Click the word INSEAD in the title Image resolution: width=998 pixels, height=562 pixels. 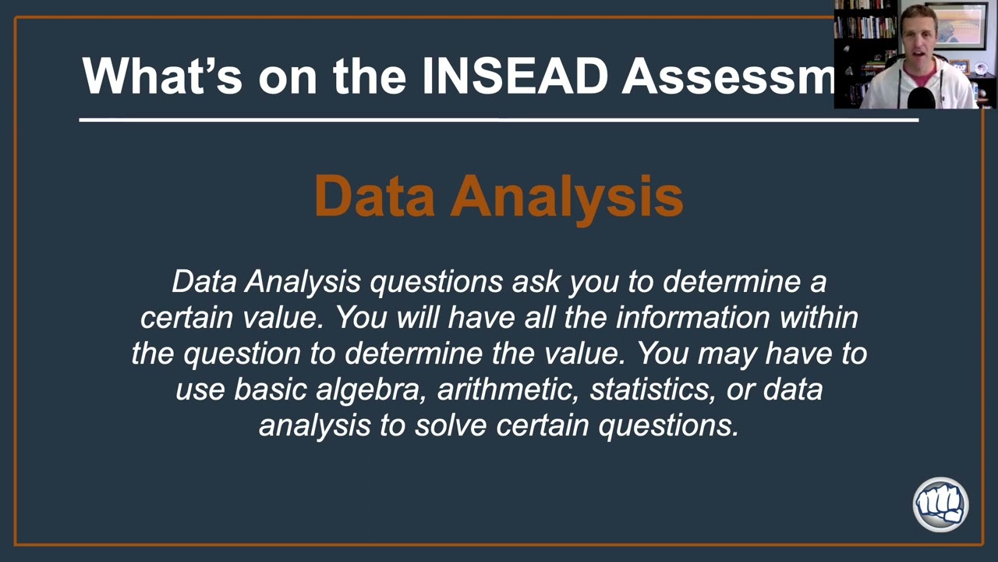click(514, 76)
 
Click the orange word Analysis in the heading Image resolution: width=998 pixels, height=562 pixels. click(567, 196)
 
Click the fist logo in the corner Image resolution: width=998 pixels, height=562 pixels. click(940, 504)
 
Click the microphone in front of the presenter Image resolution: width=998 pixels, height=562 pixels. click(922, 97)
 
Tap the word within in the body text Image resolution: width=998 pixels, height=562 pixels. click(823, 317)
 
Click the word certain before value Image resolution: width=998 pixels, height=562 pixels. click(186, 317)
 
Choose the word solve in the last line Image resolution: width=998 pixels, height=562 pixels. click(451, 425)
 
